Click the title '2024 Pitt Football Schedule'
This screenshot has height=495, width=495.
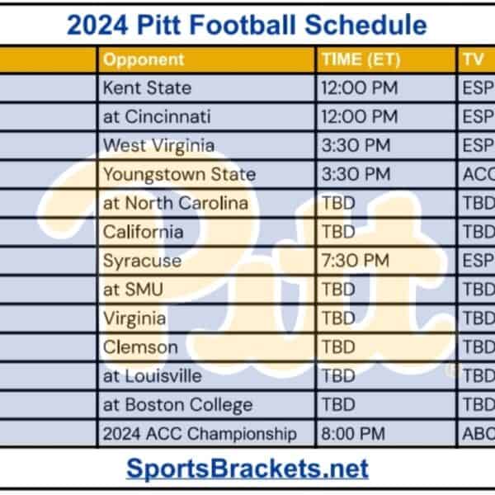[x=247, y=24]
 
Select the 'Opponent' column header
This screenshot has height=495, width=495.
[x=144, y=59]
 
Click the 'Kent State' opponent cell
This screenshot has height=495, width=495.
[x=147, y=87]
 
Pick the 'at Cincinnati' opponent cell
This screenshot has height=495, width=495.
[x=157, y=116]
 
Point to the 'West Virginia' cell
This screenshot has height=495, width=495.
[x=158, y=145]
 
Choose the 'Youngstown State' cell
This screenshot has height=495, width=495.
[x=179, y=174]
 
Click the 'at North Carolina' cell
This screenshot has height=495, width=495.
[x=175, y=203]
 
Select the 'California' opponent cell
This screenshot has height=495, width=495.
[x=143, y=232]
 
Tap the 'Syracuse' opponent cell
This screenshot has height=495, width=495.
[x=142, y=261]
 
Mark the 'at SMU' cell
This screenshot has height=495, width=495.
[x=133, y=290]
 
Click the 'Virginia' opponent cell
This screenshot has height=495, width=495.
[x=134, y=318]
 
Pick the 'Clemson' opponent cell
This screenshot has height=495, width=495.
[x=139, y=347]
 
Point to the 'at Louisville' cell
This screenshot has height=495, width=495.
[x=152, y=376]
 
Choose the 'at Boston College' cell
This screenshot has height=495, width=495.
[x=177, y=405]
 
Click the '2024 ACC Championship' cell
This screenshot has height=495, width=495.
[x=199, y=433]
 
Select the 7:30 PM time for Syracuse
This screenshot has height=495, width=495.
[x=355, y=261]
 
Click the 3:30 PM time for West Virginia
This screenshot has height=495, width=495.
[x=356, y=145]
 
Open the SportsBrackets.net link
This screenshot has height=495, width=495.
[x=247, y=469]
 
